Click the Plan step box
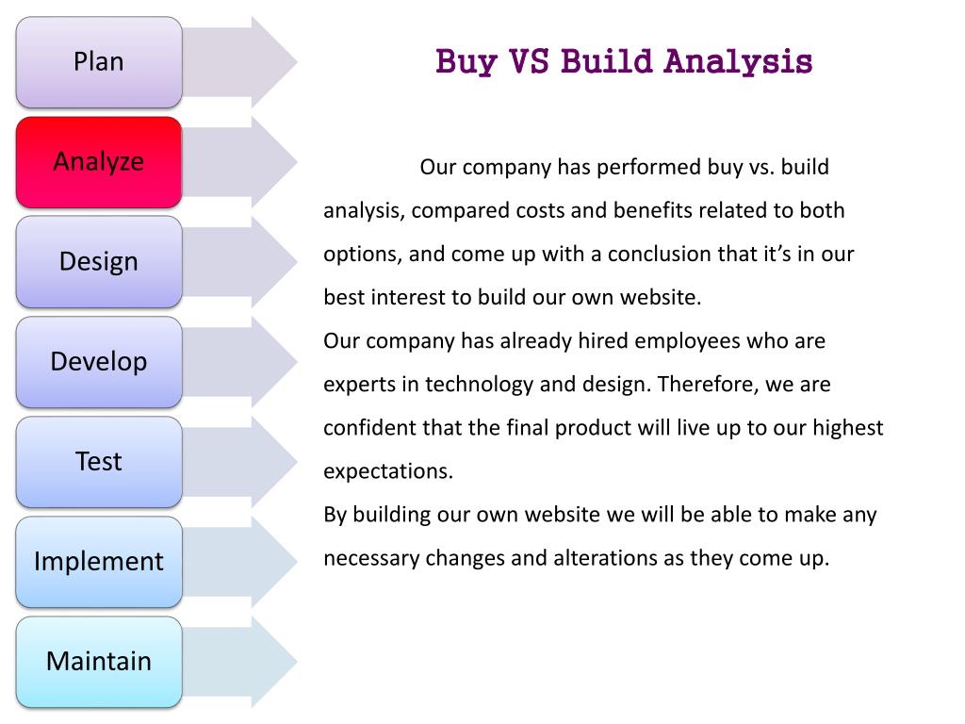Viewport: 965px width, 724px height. (99, 62)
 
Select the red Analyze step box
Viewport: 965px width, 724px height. (99, 162)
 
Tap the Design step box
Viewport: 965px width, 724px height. (99, 262)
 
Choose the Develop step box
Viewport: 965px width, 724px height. (99, 362)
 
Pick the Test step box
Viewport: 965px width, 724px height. (99, 462)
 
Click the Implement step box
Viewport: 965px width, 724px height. (99, 562)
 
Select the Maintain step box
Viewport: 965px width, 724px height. (99, 662)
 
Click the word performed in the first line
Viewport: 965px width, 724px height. (648, 168)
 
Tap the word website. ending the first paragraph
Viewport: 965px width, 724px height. (661, 298)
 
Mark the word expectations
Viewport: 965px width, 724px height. (388, 471)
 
